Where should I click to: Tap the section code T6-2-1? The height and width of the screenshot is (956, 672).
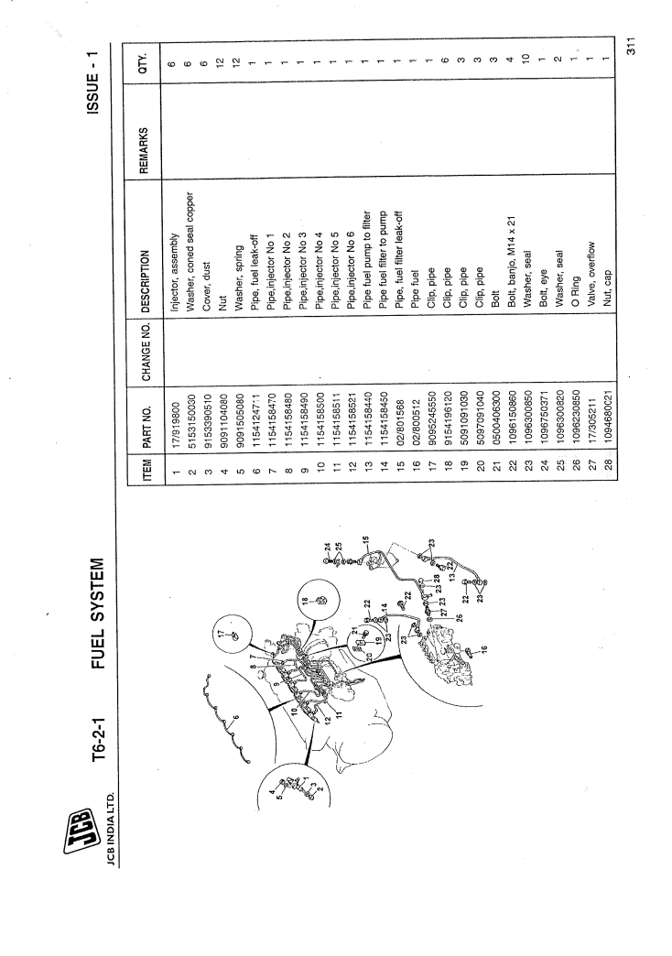99,739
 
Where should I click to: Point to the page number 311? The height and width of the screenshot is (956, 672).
631,47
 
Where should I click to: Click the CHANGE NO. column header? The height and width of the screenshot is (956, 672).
146,352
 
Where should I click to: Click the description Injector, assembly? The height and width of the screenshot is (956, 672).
175,273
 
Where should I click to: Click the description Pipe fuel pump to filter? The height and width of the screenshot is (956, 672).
367,262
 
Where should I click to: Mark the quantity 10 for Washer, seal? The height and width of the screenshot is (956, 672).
526,60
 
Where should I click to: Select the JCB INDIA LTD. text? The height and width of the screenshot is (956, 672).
111,829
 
